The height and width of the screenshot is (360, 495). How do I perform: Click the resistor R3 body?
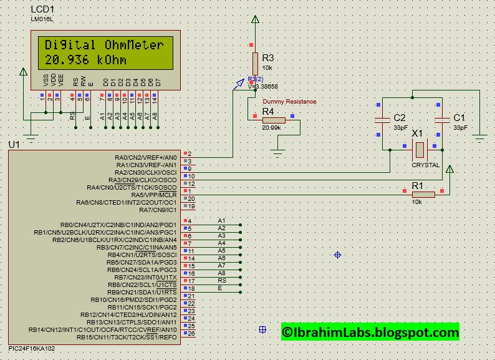255,63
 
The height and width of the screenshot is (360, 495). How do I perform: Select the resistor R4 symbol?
274,120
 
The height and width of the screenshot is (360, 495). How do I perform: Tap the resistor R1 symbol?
423,194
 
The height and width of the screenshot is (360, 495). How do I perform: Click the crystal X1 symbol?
420,150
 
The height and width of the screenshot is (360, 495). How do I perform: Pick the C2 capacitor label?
400,118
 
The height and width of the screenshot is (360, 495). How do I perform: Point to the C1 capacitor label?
459,118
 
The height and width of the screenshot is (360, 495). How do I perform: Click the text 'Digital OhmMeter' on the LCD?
104,46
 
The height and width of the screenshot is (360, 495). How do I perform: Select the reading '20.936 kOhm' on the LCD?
85,60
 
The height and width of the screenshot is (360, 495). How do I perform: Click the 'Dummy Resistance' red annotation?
289,102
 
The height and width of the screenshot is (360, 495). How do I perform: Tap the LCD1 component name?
42,10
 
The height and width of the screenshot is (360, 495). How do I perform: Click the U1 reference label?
13,145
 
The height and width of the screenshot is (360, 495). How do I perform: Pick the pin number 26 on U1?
192,333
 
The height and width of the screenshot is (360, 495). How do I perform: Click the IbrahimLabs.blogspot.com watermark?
370,333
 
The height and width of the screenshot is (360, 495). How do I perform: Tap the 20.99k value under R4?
271,128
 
